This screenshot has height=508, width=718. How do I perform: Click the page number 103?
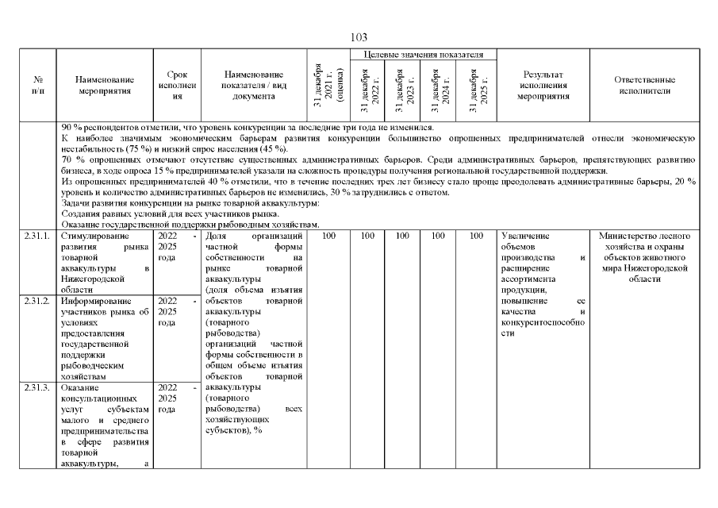[x=359, y=37]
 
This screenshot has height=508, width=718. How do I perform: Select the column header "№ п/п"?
[x=38, y=86]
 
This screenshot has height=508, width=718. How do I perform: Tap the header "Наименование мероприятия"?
[x=105, y=86]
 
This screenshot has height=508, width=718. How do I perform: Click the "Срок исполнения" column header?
[x=177, y=86]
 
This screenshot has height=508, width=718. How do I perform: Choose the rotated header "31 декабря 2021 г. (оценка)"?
[x=324, y=86]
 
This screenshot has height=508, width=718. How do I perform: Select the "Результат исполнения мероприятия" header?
[x=543, y=86]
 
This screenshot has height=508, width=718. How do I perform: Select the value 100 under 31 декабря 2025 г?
[x=476, y=237]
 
